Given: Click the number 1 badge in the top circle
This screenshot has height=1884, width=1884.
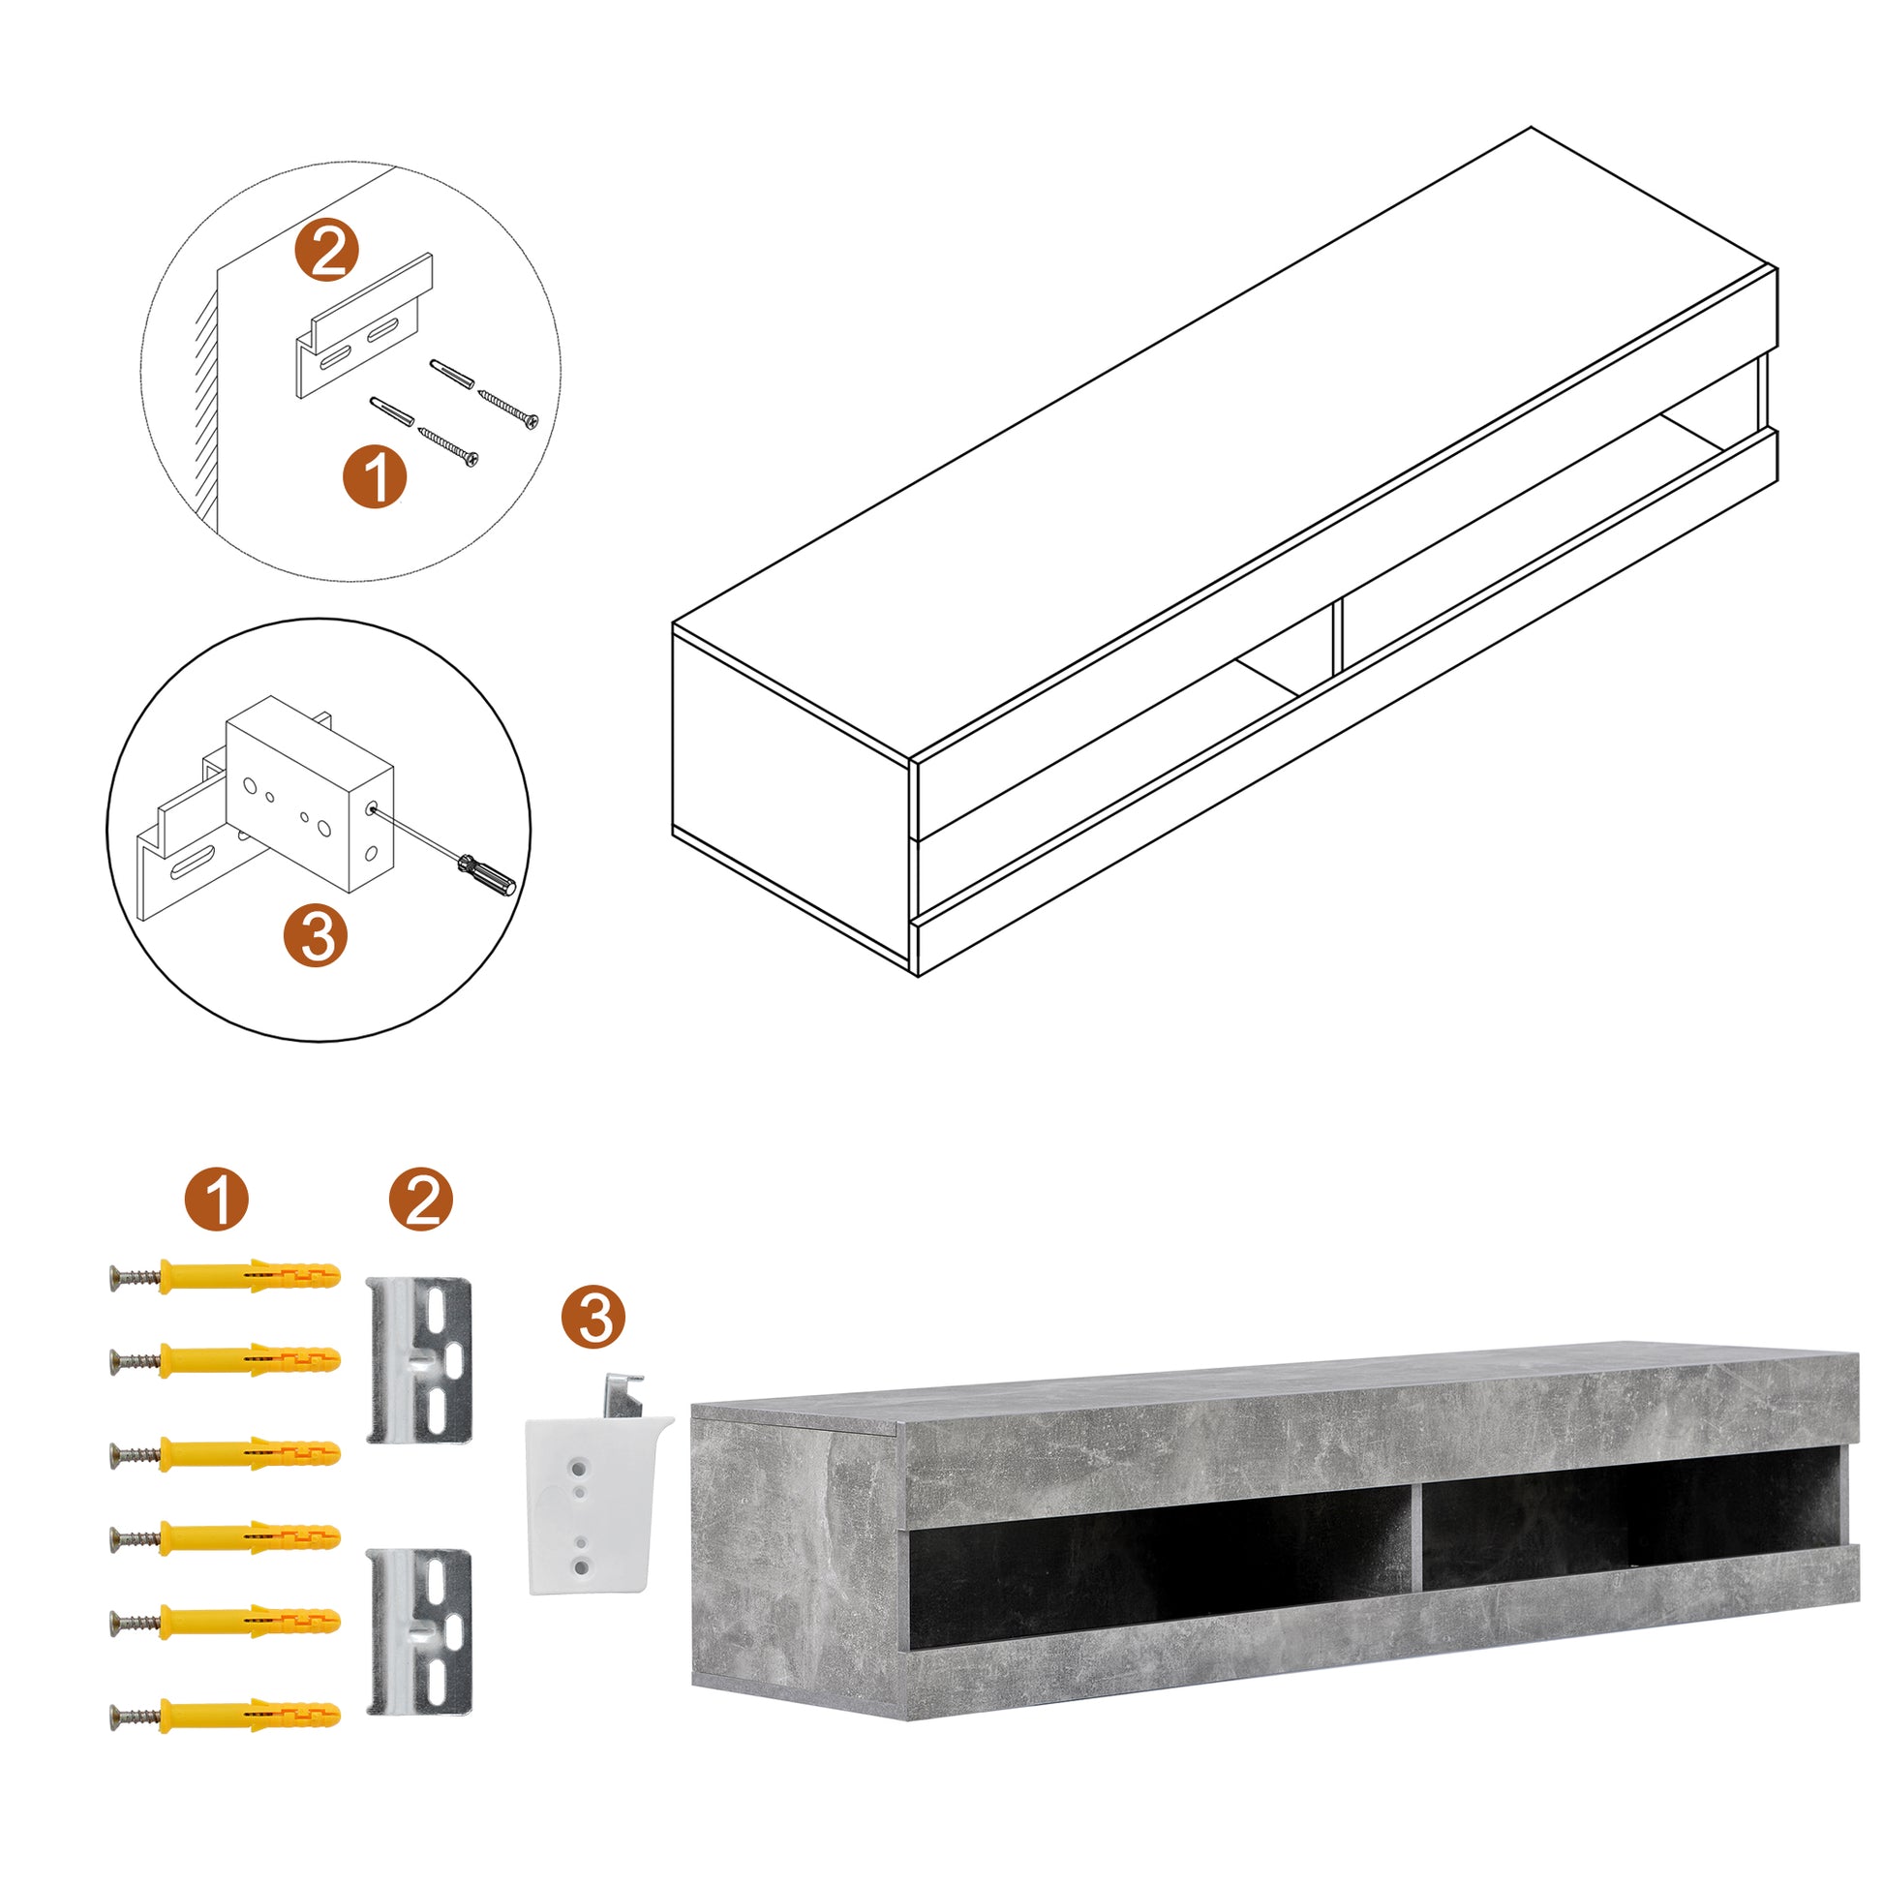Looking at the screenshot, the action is pos(375,476).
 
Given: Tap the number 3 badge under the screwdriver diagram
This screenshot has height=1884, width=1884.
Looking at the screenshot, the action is pos(315,935).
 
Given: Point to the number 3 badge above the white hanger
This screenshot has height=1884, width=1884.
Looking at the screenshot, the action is pos(593,1318).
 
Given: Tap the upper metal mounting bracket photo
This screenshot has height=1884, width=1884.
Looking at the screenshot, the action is pos(419,1361).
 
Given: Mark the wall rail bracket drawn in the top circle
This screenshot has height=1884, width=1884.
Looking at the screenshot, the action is pos(365,324).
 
